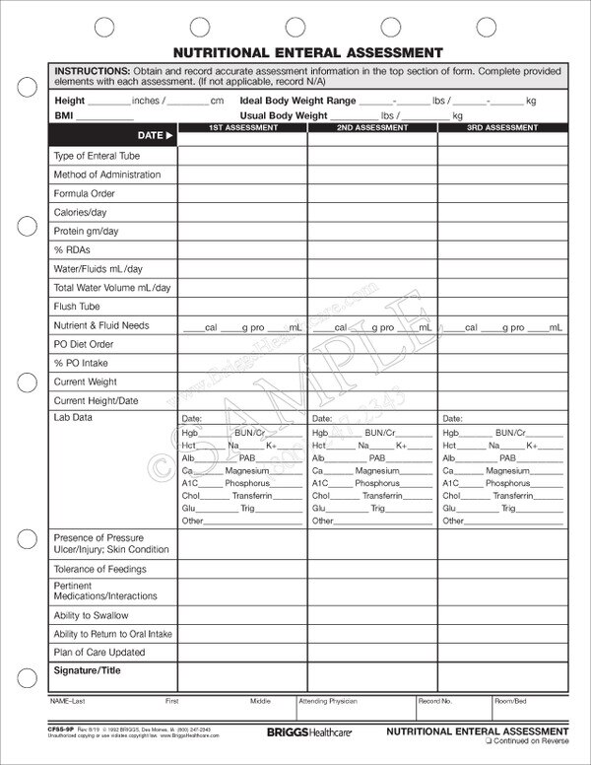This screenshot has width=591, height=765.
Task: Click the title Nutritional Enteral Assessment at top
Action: (x=308, y=53)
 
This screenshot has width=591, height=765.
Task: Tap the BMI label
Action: (x=64, y=115)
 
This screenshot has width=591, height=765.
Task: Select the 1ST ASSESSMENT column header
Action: (x=242, y=128)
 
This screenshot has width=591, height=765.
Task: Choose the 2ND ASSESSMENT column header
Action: (x=372, y=128)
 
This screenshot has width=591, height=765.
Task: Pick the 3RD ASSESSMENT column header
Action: (x=502, y=128)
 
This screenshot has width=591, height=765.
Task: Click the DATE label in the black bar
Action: (x=150, y=135)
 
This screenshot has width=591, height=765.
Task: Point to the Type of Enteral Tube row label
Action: (x=97, y=156)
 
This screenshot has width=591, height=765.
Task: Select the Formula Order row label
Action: (x=85, y=194)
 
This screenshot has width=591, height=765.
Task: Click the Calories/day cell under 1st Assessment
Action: (x=242, y=213)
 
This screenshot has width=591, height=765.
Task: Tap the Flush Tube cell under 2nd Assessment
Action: (x=372, y=307)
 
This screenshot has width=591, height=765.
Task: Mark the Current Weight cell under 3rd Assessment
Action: (x=502, y=382)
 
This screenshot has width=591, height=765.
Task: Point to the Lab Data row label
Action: (x=73, y=418)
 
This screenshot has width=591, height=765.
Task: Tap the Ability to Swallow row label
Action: (x=91, y=616)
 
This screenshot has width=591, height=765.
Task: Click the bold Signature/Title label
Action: (x=86, y=671)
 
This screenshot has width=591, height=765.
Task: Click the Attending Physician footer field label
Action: (x=329, y=701)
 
